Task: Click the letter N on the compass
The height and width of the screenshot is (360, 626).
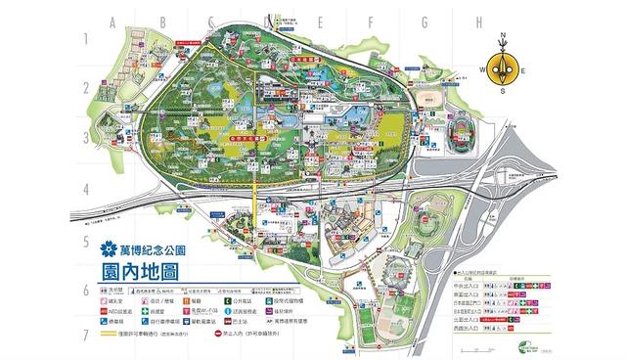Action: [503, 37]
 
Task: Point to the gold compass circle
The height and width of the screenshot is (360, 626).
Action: [503, 68]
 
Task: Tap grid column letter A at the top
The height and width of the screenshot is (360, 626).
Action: [112, 21]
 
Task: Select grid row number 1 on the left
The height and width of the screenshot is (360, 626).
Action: [86, 39]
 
